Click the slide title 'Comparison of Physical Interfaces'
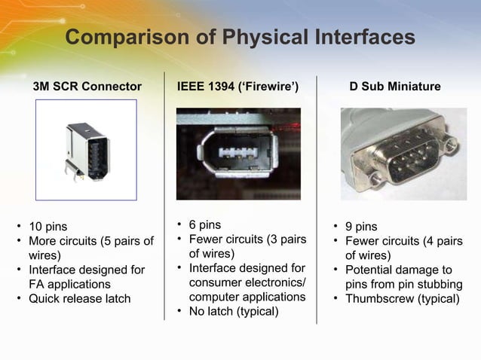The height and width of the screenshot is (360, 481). pyautogui.click(x=240, y=37)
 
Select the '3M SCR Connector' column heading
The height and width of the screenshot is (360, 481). pyautogui.click(x=87, y=87)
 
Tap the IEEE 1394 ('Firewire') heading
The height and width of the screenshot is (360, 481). pyautogui.click(x=237, y=87)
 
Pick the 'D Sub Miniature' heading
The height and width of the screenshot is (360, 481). pyautogui.click(x=395, y=87)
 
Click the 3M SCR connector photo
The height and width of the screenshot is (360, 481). pyautogui.click(x=86, y=150)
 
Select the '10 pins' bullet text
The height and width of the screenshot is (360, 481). pyautogui.click(x=47, y=227)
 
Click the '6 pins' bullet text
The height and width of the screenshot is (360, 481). pyautogui.click(x=204, y=224)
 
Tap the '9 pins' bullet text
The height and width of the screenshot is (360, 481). pyautogui.click(x=361, y=227)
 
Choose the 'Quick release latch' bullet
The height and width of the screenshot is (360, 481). pyautogui.click(x=79, y=298)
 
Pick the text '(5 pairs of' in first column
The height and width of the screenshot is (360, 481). pyautogui.click(x=126, y=241)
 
